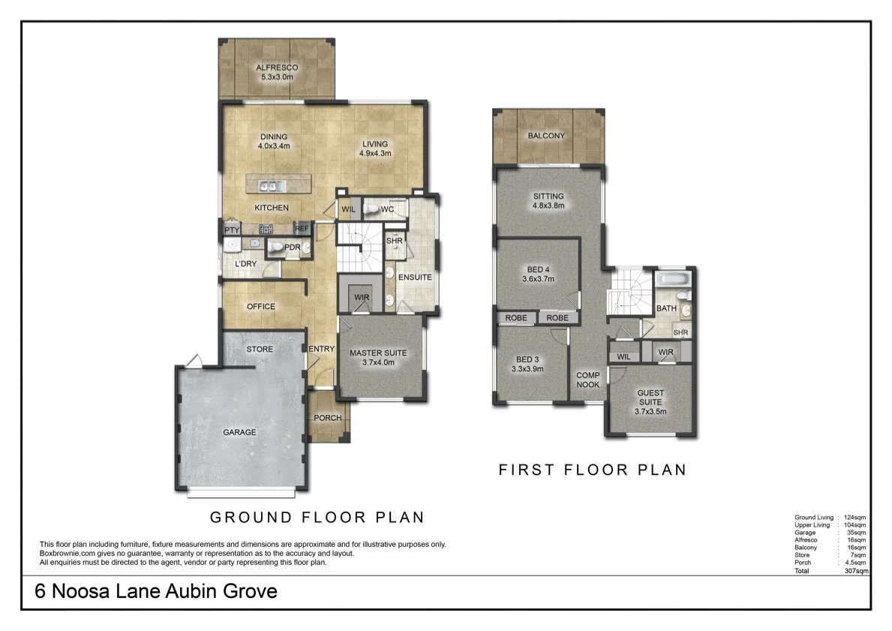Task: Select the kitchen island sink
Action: (x=269, y=185)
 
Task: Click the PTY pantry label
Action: (x=230, y=230)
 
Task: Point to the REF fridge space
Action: (x=302, y=229)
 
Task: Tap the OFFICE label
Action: (x=261, y=306)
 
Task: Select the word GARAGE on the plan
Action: (x=239, y=432)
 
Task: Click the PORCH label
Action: (x=328, y=418)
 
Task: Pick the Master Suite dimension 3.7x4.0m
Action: (x=378, y=362)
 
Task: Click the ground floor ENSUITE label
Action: (x=415, y=277)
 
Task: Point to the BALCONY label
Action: (x=546, y=136)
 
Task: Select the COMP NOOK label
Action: (x=588, y=380)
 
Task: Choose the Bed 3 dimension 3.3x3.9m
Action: (x=527, y=368)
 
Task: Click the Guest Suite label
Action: (x=650, y=398)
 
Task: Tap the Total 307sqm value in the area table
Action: (x=856, y=571)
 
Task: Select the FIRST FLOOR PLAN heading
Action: (x=593, y=470)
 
